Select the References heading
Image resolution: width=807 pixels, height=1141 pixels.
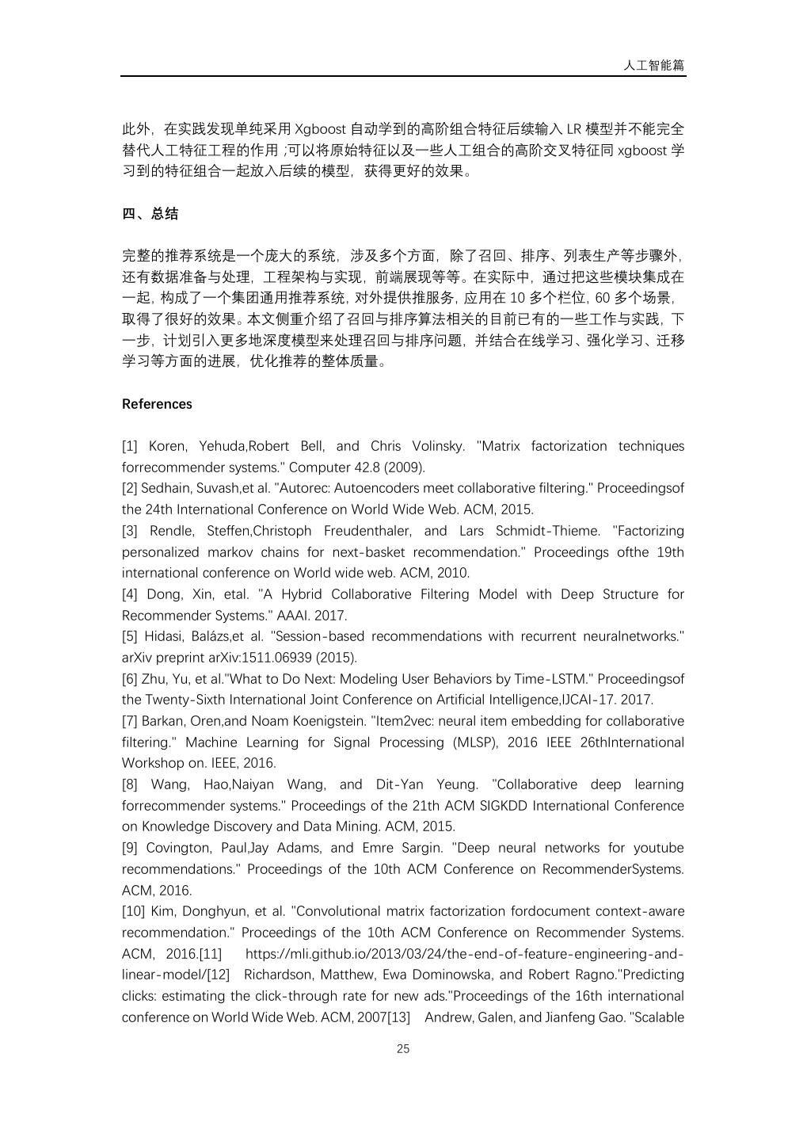(157, 404)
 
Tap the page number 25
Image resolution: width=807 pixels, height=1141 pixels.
(403, 1049)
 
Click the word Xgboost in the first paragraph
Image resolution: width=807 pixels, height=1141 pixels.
(320, 129)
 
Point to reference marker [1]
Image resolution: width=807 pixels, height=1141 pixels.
(130, 446)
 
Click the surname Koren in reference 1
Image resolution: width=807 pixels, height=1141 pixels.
(166, 446)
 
